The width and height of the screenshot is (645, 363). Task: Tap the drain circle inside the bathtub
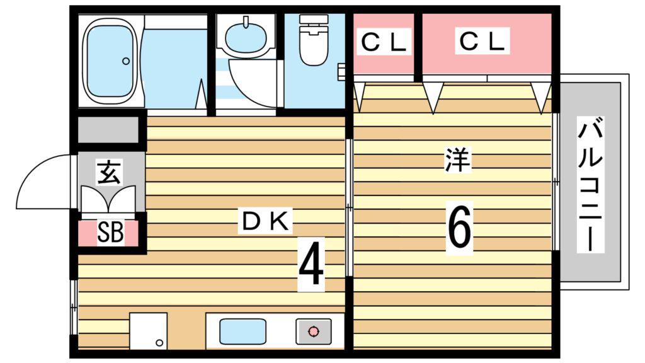tap(126, 61)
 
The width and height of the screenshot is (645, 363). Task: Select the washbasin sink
tap(246, 37)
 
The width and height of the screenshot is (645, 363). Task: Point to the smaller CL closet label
tap(384, 42)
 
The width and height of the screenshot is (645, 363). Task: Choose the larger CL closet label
tap(482, 41)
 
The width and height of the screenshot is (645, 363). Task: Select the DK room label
tap(265, 222)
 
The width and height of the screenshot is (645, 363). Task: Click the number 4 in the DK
tap(311, 264)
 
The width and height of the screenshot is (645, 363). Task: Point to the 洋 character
tap(457, 159)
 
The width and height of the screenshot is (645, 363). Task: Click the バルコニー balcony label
tap(590, 185)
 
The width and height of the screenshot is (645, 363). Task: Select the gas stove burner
tap(314, 331)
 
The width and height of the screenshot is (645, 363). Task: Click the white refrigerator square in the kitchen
tap(149, 331)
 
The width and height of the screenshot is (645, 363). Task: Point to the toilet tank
tap(314, 19)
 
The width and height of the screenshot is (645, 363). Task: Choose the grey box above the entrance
tap(108, 130)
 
